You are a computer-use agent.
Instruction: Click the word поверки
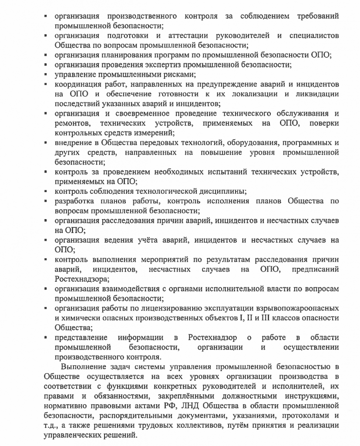pos(324,123)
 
